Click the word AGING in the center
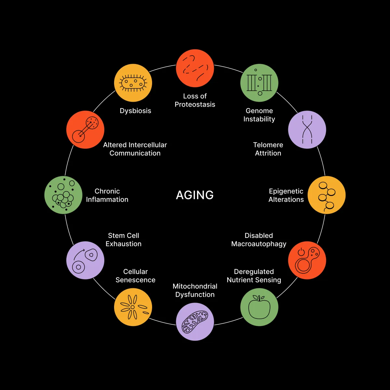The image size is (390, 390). coord(195,195)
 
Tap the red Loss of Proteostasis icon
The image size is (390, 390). coord(195,68)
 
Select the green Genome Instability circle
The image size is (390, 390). coord(259,83)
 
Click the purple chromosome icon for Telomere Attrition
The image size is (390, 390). coord(307,130)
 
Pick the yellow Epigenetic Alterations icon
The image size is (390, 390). coord(326,195)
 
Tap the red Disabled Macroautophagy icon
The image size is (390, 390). coord(307,260)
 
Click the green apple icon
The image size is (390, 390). coord(259,307)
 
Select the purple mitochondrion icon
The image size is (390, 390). coord(195,322)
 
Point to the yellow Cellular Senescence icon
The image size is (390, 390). coord(133,307)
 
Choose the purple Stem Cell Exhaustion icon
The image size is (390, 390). coord(85,260)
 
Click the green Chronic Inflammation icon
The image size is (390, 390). coord(63,195)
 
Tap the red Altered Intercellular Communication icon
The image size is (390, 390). coord(85,130)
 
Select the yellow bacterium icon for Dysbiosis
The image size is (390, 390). coord(133,83)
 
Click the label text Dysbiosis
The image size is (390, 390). coord(136,111)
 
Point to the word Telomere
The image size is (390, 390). coord(268,145)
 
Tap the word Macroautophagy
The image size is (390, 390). coord(259,244)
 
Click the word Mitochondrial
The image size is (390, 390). coord(195,286)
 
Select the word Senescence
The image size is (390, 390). coord(136,280)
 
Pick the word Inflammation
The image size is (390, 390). coord(107,200)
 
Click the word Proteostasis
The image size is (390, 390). coord(195,105)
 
